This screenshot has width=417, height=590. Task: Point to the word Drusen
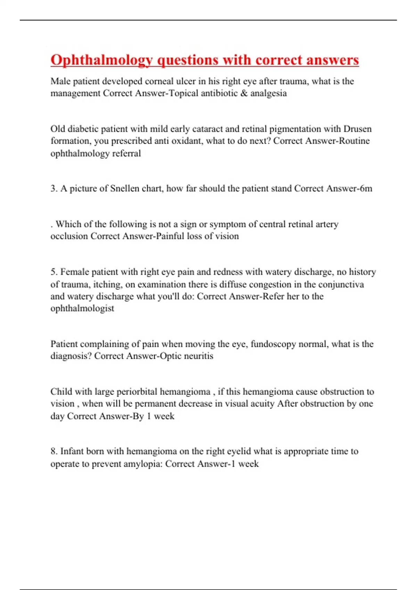click(358, 129)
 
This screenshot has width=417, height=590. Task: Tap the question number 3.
click(54, 188)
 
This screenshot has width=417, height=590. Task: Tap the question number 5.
click(54, 272)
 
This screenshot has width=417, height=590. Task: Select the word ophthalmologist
click(82, 309)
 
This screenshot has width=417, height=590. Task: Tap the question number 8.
click(54, 451)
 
